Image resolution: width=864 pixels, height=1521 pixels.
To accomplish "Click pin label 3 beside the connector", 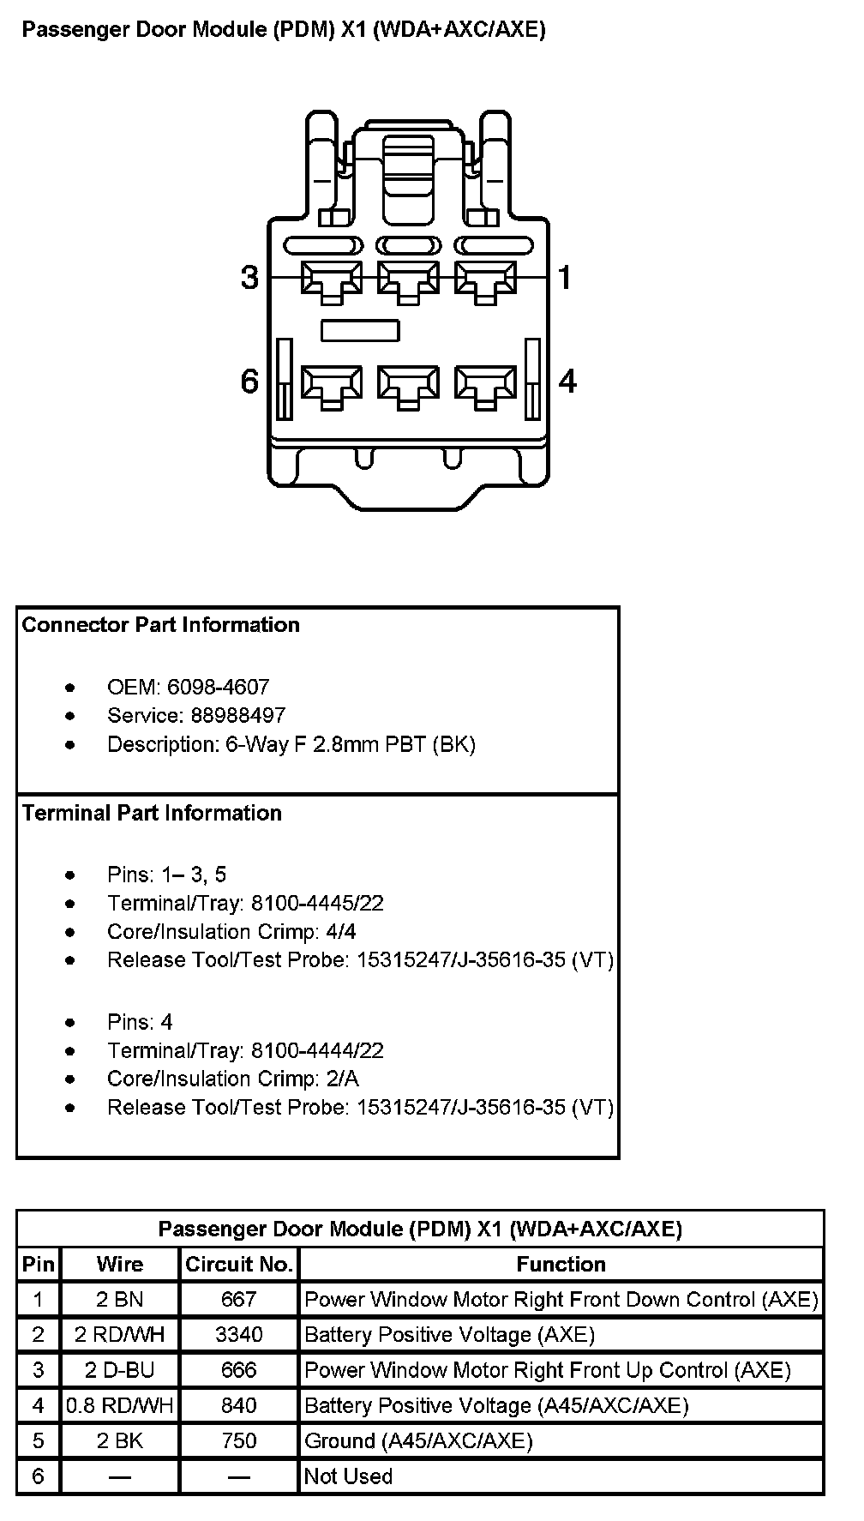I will click(x=249, y=278).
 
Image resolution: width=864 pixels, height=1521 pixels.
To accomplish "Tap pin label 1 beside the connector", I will click(x=565, y=278).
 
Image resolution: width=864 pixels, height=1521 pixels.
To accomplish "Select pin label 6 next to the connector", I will click(x=249, y=381).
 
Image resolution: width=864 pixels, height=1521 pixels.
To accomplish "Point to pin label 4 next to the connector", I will click(x=567, y=381).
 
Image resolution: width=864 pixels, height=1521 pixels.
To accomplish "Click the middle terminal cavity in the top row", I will click(x=408, y=280).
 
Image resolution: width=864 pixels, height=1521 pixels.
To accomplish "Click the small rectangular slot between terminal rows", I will click(x=360, y=330).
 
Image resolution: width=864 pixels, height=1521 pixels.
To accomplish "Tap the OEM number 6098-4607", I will click(x=218, y=687).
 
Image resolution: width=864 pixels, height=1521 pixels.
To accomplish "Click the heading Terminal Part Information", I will click(x=152, y=813).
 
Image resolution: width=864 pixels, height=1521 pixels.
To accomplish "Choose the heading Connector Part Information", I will click(x=161, y=625).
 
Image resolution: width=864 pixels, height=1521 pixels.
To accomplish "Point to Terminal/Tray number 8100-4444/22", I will click(x=317, y=1050).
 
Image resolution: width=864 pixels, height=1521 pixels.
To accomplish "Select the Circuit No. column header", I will click(x=239, y=1264).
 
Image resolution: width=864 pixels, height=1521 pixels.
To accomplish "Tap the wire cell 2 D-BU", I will click(x=120, y=1370).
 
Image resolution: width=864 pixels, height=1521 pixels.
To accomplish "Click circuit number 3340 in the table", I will click(x=239, y=1335).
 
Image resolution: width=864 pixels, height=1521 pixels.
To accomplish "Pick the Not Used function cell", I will click(x=349, y=1476).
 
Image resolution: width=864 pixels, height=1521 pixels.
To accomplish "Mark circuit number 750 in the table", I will click(x=239, y=1440).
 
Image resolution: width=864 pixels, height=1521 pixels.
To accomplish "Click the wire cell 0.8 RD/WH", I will click(x=120, y=1405).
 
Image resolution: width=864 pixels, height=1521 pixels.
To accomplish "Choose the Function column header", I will click(x=561, y=1264).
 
